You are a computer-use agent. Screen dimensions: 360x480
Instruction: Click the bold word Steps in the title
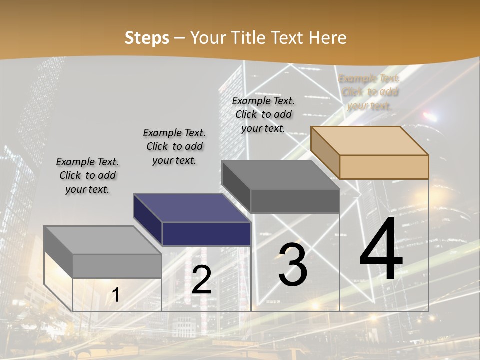click(x=147, y=38)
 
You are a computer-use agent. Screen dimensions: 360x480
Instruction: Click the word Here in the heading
click(x=328, y=38)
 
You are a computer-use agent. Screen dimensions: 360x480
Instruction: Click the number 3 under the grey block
click(x=293, y=265)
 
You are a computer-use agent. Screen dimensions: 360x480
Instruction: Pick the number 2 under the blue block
click(x=201, y=280)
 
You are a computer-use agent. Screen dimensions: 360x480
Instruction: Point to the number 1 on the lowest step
click(x=115, y=295)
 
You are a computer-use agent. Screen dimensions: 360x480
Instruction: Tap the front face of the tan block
click(x=384, y=167)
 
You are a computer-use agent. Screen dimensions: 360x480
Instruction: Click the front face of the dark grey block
click(x=295, y=201)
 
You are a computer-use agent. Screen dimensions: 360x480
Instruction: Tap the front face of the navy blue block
click(x=206, y=234)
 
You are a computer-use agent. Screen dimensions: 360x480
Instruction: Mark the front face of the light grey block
click(x=117, y=266)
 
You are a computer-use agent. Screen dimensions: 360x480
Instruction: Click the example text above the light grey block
click(x=87, y=175)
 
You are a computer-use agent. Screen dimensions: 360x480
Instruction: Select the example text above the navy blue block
click(x=174, y=146)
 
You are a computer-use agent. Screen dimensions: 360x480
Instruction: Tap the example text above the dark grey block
click(x=263, y=114)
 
